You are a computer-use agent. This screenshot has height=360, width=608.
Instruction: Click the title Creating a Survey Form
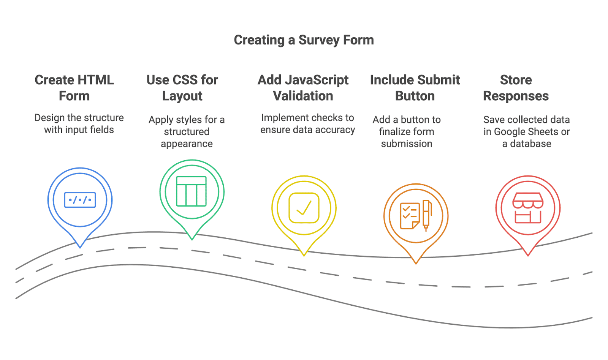pyautogui.click(x=304, y=40)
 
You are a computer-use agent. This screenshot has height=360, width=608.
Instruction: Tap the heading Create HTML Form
pyautogui.click(x=74, y=88)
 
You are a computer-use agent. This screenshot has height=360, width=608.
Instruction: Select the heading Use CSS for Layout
pyautogui.click(x=182, y=88)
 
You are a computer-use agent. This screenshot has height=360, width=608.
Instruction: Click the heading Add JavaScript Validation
pyautogui.click(x=303, y=88)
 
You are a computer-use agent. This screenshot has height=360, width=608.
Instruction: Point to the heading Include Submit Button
pyautogui.click(x=415, y=88)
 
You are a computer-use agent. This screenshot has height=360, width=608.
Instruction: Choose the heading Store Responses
pyautogui.click(x=516, y=88)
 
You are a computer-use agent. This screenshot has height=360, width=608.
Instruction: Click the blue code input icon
pyautogui.click(x=80, y=200)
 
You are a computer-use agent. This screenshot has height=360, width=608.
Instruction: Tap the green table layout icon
pyautogui.click(x=192, y=191)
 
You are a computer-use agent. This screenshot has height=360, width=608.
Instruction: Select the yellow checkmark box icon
pyautogui.click(x=304, y=208)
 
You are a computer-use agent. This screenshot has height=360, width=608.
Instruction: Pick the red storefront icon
pyautogui.click(x=528, y=208)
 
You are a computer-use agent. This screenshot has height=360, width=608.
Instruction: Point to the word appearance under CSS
pyautogui.click(x=187, y=144)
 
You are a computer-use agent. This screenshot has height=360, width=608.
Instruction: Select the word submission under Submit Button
pyautogui.click(x=407, y=144)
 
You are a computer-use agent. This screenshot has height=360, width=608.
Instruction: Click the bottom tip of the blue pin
pyautogui.click(x=80, y=248)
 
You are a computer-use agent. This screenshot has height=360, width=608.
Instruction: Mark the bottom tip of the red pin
pyautogui.click(x=528, y=256)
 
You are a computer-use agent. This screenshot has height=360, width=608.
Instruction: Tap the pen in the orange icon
pyautogui.click(x=426, y=216)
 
